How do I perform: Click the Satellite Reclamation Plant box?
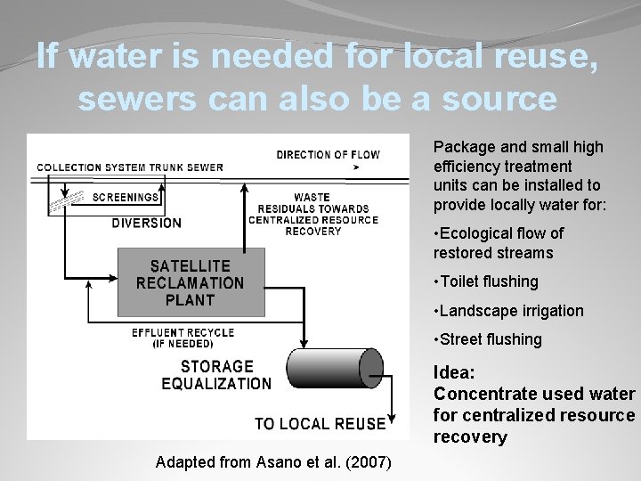[x=191, y=282]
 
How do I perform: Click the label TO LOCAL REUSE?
[x=320, y=424]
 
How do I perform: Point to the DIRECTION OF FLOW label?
[x=328, y=154]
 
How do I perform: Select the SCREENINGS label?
[x=125, y=198]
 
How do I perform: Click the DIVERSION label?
[x=146, y=224]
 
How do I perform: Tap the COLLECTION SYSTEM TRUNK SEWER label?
[x=130, y=167]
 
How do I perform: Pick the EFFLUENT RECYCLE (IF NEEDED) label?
[x=183, y=338]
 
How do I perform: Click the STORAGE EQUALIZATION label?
[x=216, y=375]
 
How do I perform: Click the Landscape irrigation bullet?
[x=508, y=311]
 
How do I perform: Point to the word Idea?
[x=454, y=373]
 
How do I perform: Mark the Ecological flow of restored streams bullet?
[x=498, y=243]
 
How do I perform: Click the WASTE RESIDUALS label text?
[x=312, y=214]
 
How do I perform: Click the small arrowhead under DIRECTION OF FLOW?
[x=356, y=167]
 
